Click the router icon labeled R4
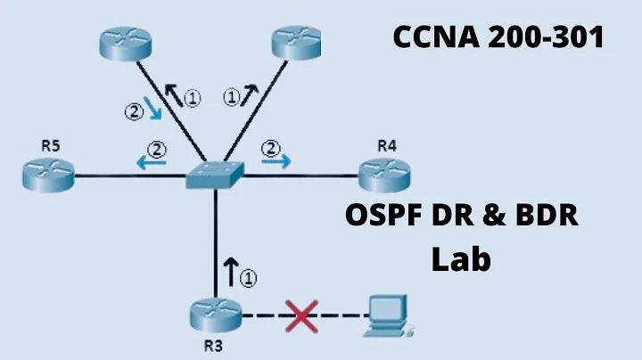pos(382,174)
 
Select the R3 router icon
pos(215,314)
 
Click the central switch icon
pos(215,176)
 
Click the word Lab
pos(462,259)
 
